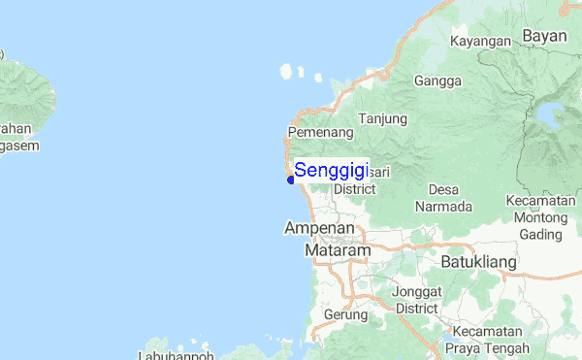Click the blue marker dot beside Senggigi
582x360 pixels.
pos(291,179)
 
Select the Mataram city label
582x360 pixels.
pos(338,250)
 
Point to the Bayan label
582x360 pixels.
pos(544,36)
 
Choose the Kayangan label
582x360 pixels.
pos(480,42)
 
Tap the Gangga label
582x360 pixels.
pos(436,81)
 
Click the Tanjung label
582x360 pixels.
pos(384,118)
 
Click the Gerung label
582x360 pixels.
pos(345,314)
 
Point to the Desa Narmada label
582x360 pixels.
pos(443,198)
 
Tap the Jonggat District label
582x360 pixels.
pos(417,299)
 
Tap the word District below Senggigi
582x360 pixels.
pos(354,189)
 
